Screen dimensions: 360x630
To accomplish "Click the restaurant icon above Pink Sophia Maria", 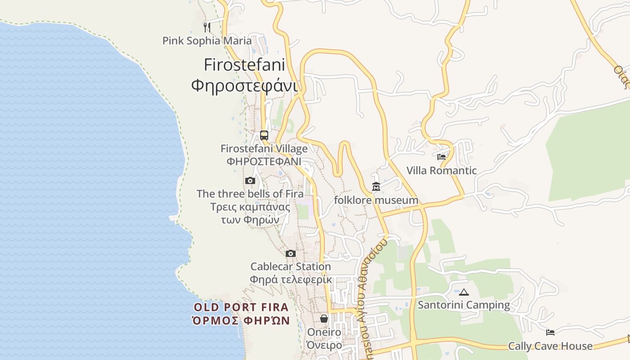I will coord(207,27).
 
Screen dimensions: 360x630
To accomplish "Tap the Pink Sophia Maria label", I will coord(207,41).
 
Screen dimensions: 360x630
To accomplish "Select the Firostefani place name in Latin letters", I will coord(244,65).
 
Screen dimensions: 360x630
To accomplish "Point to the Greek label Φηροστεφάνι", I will coord(244,85).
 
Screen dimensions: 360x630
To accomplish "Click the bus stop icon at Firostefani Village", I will coord(264,135).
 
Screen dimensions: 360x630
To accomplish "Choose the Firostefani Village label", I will coord(264,148).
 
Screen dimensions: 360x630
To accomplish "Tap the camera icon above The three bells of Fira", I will coord(250,181).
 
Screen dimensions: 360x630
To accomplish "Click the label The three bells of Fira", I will coord(250,194).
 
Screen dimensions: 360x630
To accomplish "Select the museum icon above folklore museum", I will coord(376,186).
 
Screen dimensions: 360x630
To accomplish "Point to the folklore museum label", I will coord(376,200).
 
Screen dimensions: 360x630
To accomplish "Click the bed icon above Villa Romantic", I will coord(441,157).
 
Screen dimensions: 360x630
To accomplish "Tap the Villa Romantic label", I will coord(441,171).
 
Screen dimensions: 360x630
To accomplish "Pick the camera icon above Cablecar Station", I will coord(291,253).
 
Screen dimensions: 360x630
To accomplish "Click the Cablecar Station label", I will coord(291,266).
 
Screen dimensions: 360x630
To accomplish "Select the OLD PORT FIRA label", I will coord(241,308).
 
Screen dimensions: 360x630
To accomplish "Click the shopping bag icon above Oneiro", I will coord(324,319).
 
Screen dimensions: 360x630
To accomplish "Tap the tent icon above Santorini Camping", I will coord(464,292).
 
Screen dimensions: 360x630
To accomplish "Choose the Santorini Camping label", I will coord(464,305).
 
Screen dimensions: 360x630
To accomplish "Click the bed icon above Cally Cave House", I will coord(550,333).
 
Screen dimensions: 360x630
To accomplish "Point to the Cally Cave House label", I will coord(550,346).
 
